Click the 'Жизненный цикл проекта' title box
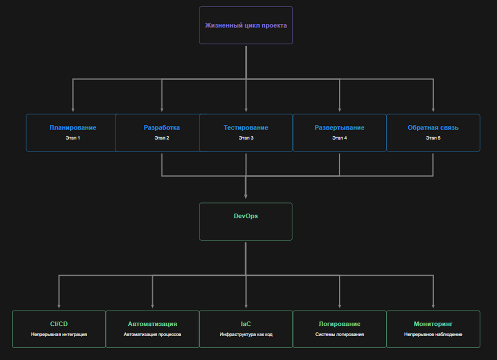(x=246, y=25)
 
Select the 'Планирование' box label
(x=73, y=127)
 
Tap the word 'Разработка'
(x=162, y=127)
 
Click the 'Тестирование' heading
(x=245, y=127)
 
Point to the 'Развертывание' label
(x=339, y=127)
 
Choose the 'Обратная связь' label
(x=433, y=127)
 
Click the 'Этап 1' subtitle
(x=73, y=138)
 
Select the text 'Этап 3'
(x=245, y=138)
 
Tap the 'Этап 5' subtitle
(x=433, y=138)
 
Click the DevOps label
(x=245, y=216)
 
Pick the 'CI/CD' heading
(x=59, y=324)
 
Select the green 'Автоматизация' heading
(x=152, y=324)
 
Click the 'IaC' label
(x=245, y=324)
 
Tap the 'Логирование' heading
(x=339, y=324)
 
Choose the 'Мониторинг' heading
(x=433, y=324)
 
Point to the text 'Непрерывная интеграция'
(x=59, y=335)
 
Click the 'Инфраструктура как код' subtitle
(x=245, y=335)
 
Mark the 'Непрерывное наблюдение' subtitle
(x=433, y=335)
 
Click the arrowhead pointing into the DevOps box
(x=246, y=195)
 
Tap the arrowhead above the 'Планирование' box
(x=73, y=109)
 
